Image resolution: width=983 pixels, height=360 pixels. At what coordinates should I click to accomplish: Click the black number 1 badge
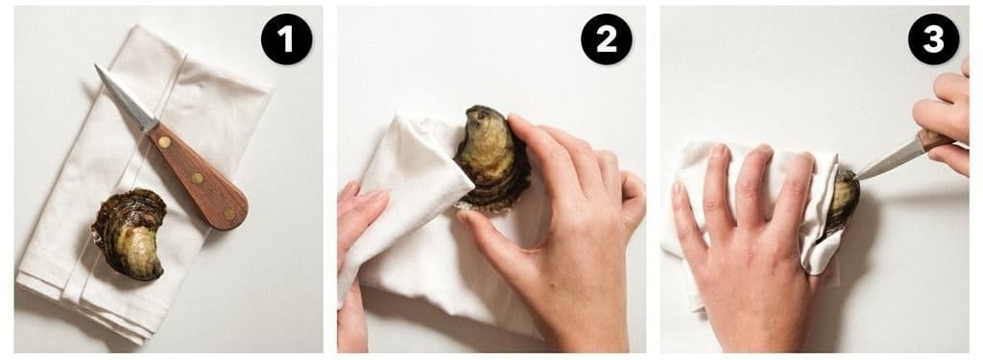point(286,39)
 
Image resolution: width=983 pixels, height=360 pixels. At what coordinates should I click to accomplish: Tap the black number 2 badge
point(607,39)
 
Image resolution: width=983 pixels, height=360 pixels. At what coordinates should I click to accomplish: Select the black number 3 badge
point(933,39)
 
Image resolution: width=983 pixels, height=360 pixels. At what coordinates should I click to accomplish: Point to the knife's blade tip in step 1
point(97,66)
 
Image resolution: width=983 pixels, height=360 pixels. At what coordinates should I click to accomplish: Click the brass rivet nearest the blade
point(163,142)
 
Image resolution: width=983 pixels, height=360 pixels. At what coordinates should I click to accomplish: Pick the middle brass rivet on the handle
point(197,179)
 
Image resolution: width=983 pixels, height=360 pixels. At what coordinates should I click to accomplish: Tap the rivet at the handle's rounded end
point(229,213)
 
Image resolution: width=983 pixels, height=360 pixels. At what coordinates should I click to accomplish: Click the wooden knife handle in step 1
point(198,177)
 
